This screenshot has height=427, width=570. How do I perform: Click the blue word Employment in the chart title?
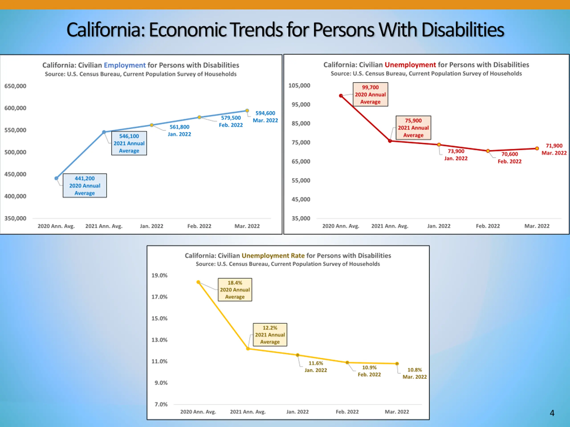[x=125, y=65]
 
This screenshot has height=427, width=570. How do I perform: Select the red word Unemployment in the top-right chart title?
[x=410, y=65]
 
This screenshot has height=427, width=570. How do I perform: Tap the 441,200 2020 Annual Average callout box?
[x=85, y=185]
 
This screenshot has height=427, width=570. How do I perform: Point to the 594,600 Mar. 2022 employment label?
[x=265, y=117]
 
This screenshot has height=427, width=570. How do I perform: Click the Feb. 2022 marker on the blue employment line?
[x=199, y=117]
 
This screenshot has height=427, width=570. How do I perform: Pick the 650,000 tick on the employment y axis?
[x=15, y=86]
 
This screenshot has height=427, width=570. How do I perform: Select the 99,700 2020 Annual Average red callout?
[x=370, y=95]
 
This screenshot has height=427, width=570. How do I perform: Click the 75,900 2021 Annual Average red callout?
[x=413, y=128]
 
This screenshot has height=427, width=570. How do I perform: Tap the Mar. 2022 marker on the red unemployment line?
[x=537, y=149]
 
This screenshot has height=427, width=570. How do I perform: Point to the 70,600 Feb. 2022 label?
[x=509, y=158]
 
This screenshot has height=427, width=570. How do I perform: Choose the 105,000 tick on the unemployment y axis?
[x=299, y=85]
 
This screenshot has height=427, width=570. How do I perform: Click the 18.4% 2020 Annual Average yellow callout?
[x=235, y=290]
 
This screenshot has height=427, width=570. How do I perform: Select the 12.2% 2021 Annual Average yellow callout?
[x=270, y=335]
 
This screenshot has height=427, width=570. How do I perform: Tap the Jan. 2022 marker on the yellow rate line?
[x=298, y=355]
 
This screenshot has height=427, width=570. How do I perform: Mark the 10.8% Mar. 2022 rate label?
[x=415, y=373]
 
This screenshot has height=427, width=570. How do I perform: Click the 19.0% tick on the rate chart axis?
[x=159, y=275]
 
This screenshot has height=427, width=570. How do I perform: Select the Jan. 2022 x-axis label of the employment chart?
[x=152, y=226]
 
